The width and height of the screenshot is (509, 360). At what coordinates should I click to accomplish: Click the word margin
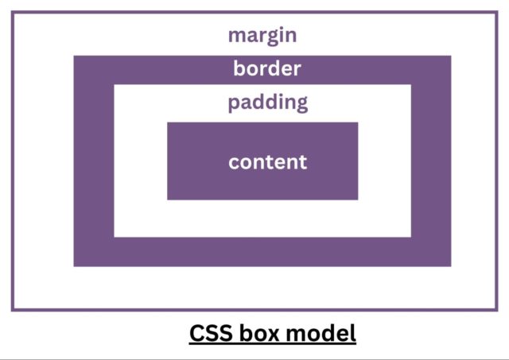[262, 36]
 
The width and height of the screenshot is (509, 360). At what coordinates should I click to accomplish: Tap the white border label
[267, 69]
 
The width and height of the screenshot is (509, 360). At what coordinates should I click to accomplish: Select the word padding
[267, 103]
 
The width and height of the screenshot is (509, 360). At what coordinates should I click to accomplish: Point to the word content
[267, 162]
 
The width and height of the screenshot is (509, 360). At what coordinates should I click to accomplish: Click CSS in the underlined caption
[210, 334]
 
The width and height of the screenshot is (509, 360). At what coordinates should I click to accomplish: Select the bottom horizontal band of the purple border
[262, 252]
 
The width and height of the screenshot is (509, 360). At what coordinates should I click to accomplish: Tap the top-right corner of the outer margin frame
[497, 12]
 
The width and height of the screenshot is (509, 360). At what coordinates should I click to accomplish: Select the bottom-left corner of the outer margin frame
[12, 309]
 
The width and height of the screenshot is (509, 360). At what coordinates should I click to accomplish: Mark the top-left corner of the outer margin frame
[12, 12]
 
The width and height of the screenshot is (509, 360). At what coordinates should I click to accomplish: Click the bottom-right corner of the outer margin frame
[497, 309]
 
